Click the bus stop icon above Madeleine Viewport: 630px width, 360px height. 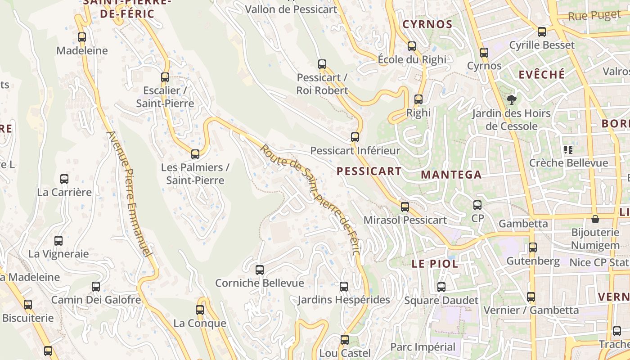click(81, 37)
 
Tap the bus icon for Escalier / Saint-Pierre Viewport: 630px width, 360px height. click(165, 77)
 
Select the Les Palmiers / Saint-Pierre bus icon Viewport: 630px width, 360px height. click(195, 154)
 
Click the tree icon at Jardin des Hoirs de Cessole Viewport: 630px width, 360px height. click(511, 99)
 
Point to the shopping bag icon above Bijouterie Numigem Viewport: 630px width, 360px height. click(595, 219)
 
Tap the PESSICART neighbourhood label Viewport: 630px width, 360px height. click(369, 171)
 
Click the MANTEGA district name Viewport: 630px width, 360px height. click(451, 175)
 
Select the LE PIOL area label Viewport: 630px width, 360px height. click(435, 264)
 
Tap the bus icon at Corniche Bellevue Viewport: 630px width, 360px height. click(260, 270)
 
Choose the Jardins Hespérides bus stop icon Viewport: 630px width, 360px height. click(344, 286)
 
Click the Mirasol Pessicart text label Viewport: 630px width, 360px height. click(405, 220)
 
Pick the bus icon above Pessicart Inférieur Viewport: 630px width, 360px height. click(355, 137)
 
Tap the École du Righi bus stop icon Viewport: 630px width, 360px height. click(411, 46)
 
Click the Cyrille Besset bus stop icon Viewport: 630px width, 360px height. click(542, 32)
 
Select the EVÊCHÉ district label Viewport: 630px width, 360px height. click(541, 75)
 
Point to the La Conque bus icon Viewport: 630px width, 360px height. click(200, 310)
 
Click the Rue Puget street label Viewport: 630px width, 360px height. click(594, 16)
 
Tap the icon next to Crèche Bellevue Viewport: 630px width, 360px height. click(568, 149)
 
